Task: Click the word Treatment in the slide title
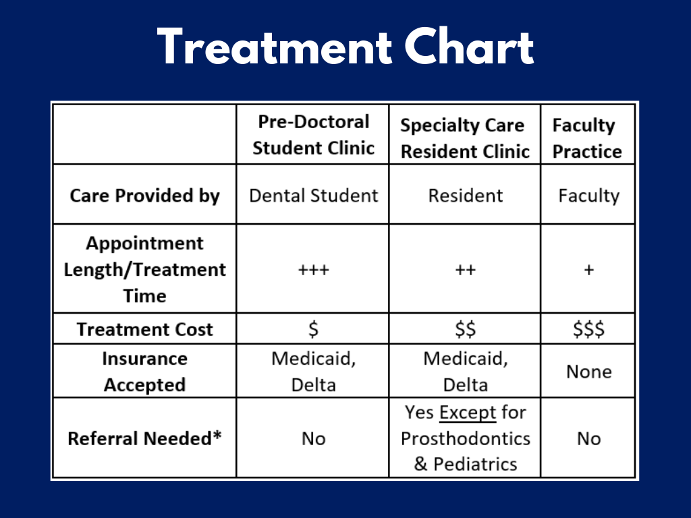click(275, 47)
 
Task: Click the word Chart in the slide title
click(469, 47)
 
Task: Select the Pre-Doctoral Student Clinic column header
click(313, 135)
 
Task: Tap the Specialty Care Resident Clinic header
click(465, 138)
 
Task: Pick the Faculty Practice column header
click(587, 138)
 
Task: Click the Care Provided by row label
click(144, 196)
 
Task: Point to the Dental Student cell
click(313, 196)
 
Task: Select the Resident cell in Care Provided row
click(466, 196)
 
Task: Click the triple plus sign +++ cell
click(313, 270)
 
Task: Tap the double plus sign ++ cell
click(466, 270)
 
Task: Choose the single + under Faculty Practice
click(588, 270)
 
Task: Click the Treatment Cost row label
click(144, 329)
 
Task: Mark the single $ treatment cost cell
click(313, 329)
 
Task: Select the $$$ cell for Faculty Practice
click(588, 329)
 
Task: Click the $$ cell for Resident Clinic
click(466, 329)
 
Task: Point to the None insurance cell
click(588, 372)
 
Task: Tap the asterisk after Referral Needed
click(217, 435)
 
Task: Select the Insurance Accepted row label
click(144, 372)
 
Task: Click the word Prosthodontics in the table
click(466, 438)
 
